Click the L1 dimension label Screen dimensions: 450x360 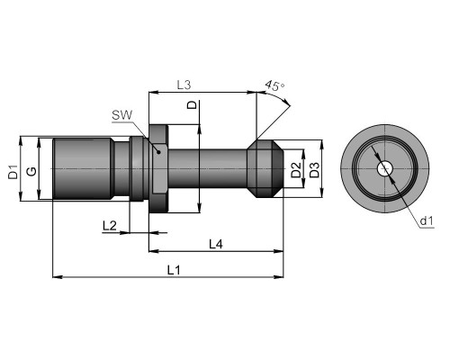point(174,270)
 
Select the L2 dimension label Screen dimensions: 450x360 point(109,226)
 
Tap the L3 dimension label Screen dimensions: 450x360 point(184,85)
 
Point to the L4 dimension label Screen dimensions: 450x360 point(216,245)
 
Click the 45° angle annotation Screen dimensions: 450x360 point(274,85)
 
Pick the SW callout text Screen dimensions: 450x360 point(122,115)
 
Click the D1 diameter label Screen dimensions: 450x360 point(13,172)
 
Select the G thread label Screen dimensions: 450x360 point(31,171)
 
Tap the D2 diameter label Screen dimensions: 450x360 point(296,170)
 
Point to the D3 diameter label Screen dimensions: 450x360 point(314,170)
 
